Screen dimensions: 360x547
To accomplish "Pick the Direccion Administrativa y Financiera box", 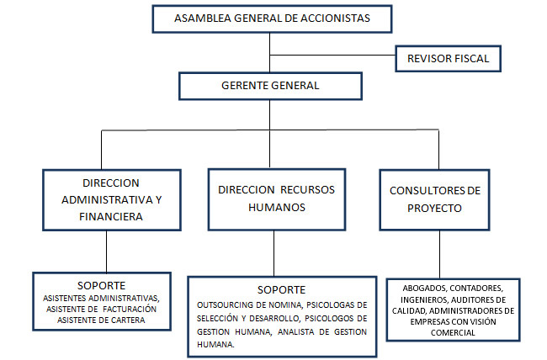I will point(111,199).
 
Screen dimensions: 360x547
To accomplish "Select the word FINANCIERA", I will point(111,215).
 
